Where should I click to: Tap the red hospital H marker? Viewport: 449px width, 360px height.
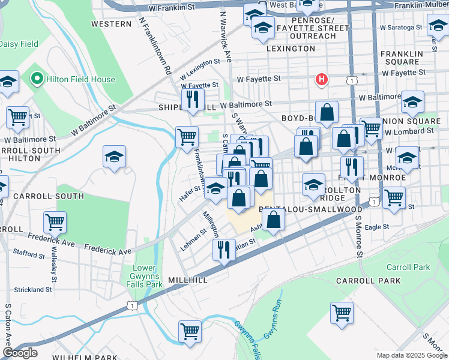[x=322, y=79]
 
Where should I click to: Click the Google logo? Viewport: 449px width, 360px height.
[x=20, y=353]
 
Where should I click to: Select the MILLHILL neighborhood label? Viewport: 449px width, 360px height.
[x=188, y=280]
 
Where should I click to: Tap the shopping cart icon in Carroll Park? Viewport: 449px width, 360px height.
[x=342, y=313]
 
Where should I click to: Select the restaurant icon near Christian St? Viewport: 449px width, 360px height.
[x=224, y=249]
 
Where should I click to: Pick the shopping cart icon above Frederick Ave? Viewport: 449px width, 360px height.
[x=55, y=223]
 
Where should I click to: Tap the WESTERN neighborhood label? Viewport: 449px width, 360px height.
[x=111, y=24]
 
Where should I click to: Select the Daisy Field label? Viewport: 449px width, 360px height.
[x=19, y=44]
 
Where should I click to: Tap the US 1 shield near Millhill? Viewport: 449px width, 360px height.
[x=131, y=306]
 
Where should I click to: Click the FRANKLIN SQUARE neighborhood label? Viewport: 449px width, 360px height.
[x=400, y=58]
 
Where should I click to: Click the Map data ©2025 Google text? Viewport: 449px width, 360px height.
[x=411, y=355]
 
